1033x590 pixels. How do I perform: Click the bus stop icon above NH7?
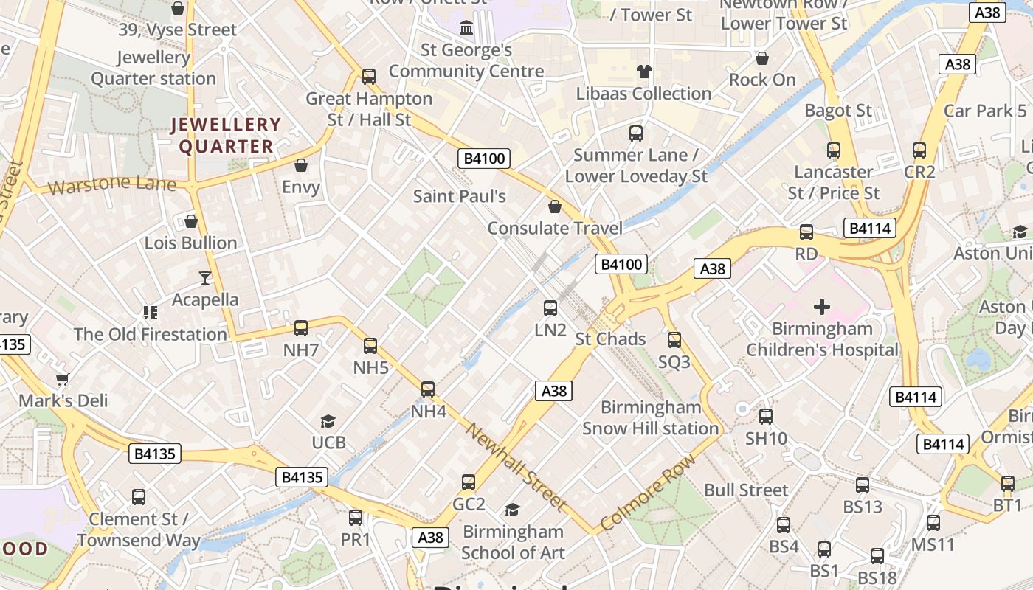[x=301, y=328]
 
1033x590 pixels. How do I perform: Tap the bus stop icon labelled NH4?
[x=428, y=389]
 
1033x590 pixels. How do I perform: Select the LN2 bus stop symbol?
[x=550, y=308]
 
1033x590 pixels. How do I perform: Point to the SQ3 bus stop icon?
[x=674, y=340]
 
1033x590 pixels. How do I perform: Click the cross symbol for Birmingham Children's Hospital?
[x=822, y=307]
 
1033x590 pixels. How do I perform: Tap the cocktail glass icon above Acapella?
[x=205, y=278]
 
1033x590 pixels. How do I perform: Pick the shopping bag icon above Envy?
[x=301, y=165]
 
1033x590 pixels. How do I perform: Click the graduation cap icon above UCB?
[x=328, y=421]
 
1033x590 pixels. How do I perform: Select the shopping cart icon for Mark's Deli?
[x=63, y=380]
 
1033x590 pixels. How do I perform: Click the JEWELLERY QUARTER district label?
[x=226, y=136]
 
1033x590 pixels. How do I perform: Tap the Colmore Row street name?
[x=648, y=492]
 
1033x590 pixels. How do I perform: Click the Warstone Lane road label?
[x=111, y=184]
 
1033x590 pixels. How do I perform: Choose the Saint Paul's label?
[x=459, y=196]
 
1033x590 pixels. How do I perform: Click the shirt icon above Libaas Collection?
[x=644, y=72]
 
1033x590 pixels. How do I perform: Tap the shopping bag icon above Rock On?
[x=762, y=58]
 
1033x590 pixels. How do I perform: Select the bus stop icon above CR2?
[x=919, y=150]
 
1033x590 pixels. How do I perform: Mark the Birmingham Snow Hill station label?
[x=650, y=417]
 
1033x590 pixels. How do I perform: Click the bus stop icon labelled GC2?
[x=469, y=482]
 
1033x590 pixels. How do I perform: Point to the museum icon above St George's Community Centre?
[x=466, y=28]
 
